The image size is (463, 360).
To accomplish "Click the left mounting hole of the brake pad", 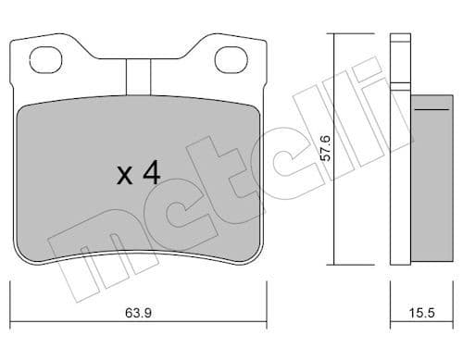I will (x=44, y=60).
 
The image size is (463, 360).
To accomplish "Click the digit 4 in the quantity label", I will (x=153, y=173).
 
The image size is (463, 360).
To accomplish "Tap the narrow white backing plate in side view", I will (x=399, y=176).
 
